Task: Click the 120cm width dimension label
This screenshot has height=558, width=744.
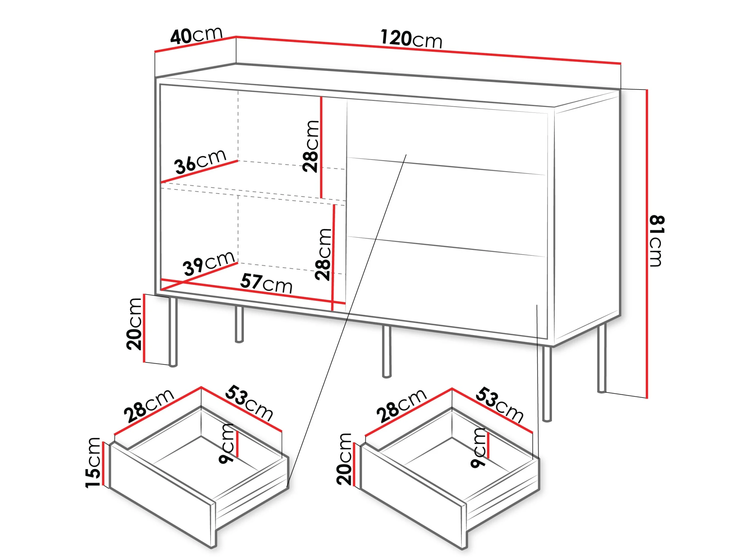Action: click(411, 39)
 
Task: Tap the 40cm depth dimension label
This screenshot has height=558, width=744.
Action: click(197, 35)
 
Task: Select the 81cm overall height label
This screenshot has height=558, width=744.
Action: click(657, 241)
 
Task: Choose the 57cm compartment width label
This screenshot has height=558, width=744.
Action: click(266, 284)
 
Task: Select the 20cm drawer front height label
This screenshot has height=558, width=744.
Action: click(344, 459)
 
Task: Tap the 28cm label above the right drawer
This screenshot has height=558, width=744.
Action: click(401, 406)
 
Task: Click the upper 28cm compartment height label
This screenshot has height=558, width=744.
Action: click(310, 146)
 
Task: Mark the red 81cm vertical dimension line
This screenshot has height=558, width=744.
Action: click(646, 244)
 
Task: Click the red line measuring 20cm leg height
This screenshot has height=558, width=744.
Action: click(144, 328)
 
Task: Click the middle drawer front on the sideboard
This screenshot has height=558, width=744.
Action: click(446, 206)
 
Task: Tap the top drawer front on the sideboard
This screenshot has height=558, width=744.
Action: click(446, 137)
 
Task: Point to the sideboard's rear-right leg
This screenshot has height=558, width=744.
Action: click(601, 358)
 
